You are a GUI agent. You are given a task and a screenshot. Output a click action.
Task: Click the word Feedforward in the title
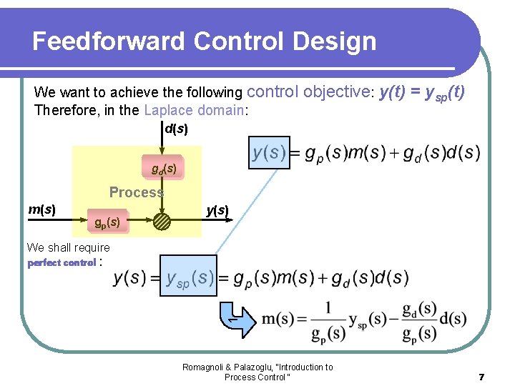pos(108,41)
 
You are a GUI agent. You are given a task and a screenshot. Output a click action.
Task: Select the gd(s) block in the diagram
pos(163,169)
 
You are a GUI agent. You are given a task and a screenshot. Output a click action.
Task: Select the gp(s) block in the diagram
pos(107,222)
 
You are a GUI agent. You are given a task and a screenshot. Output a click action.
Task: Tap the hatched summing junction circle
pos(162,221)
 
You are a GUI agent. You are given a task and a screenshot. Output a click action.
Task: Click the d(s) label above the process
pos(176,129)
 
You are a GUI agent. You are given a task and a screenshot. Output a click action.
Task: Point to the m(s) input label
pos(41,209)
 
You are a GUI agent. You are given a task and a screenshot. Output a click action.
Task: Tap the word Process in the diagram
pos(136,192)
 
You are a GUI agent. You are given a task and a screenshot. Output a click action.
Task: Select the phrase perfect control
pos(62,262)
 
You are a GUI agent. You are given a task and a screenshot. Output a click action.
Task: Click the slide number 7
pos(482,376)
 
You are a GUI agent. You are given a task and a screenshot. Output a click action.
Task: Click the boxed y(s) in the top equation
pos(270,152)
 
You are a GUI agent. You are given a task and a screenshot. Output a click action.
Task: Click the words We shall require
pos(68,247)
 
